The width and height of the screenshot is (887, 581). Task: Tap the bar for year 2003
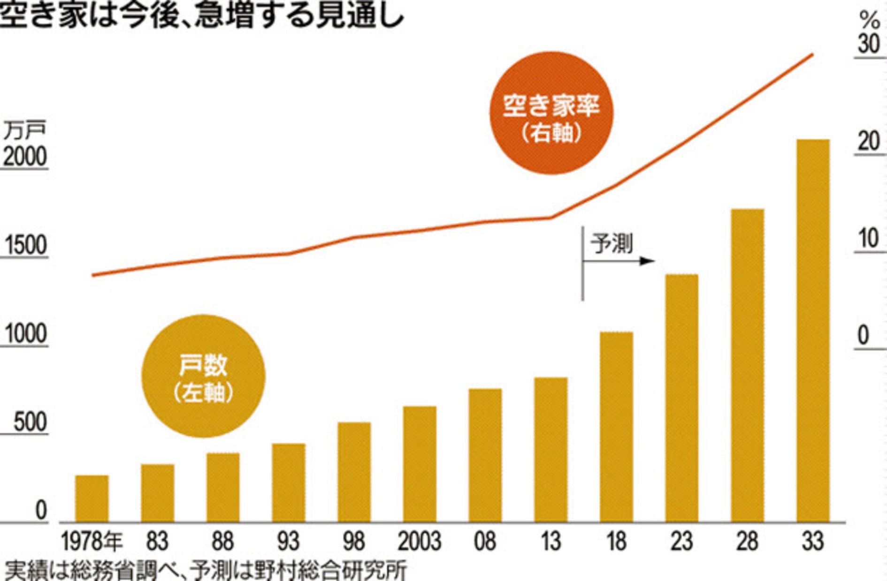(x=420, y=464)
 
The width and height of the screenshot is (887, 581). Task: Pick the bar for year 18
(x=616, y=427)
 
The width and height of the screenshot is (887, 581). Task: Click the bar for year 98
(x=354, y=472)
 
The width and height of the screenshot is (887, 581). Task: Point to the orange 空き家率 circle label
(x=551, y=113)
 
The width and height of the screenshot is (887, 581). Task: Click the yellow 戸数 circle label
(x=203, y=376)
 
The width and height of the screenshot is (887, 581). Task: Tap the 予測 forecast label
(x=612, y=244)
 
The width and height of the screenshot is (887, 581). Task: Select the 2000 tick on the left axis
(x=25, y=157)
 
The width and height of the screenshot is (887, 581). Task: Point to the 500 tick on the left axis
(x=30, y=423)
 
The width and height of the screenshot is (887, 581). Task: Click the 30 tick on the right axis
(x=869, y=44)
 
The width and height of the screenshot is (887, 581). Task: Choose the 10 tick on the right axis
(x=869, y=239)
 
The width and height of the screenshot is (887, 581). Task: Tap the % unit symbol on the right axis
(x=869, y=20)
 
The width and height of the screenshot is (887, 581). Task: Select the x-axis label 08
(x=485, y=541)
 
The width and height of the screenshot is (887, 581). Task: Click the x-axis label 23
(x=681, y=541)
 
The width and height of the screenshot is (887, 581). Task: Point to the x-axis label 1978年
(x=92, y=541)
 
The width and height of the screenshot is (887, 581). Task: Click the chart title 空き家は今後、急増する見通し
(x=202, y=16)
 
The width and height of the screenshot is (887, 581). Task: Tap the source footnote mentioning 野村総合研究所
(x=204, y=571)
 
